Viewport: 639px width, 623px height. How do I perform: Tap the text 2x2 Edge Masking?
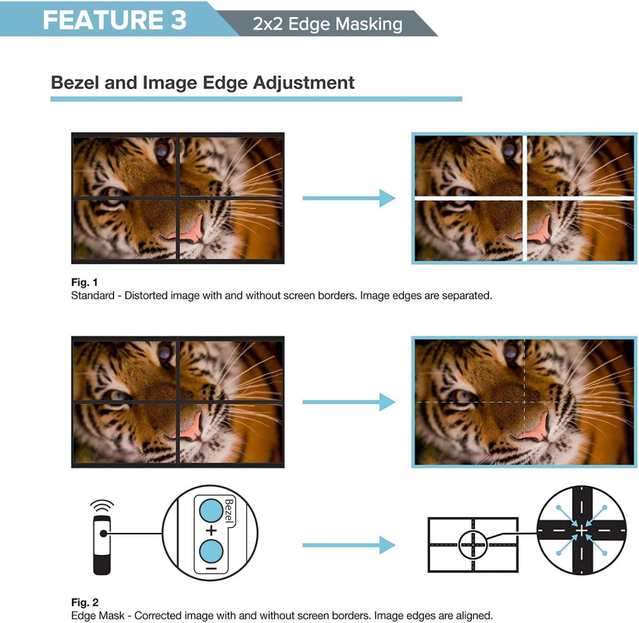click(x=327, y=24)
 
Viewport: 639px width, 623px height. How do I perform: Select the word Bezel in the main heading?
click(x=75, y=83)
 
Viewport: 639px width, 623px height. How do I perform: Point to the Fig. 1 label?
click(x=84, y=282)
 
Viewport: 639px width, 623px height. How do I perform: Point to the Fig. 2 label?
click(x=85, y=602)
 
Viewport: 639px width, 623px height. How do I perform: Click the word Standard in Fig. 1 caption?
click(x=92, y=296)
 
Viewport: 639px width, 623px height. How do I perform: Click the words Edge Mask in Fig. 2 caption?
click(x=98, y=616)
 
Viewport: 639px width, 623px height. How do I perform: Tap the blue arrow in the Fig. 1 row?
click(x=349, y=198)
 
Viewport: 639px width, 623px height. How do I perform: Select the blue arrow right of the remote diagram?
click(x=349, y=545)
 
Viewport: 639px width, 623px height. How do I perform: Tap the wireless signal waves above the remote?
click(x=102, y=505)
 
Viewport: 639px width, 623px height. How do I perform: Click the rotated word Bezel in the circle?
click(x=229, y=510)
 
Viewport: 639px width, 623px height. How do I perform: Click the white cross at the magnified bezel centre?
click(x=581, y=531)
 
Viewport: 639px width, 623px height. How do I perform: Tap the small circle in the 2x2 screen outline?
click(x=473, y=544)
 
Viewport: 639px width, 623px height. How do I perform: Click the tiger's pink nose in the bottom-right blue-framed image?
click(x=538, y=427)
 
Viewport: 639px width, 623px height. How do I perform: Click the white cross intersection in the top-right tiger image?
click(x=524, y=198)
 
